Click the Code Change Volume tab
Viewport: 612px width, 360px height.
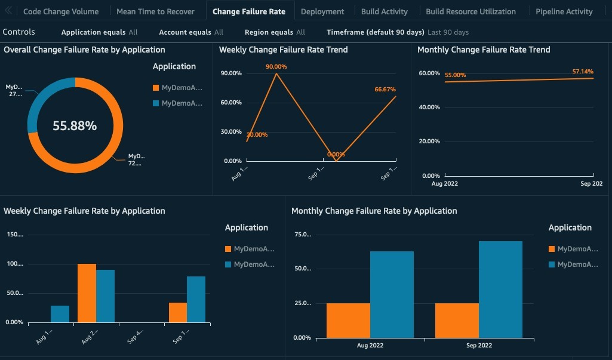[x=60, y=11]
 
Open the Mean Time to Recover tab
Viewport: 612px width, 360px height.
[x=155, y=11]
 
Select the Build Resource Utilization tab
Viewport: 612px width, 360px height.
[x=470, y=11]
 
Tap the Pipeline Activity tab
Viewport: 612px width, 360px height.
[x=564, y=11]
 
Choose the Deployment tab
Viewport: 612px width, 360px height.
[x=322, y=11]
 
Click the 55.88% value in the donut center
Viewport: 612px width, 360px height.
[x=75, y=126]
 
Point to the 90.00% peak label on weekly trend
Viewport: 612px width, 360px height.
[x=276, y=67]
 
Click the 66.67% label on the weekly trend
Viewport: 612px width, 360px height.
[x=385, y=89]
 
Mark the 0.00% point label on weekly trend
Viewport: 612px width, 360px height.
[x=336, y=155]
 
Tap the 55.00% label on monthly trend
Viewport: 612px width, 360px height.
[x=455, y=75]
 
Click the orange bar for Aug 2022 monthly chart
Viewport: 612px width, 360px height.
[x=348, y=320]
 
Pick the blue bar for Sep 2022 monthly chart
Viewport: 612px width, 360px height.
[x=500, y=289]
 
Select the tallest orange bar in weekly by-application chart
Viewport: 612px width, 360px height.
[x=87, y=293]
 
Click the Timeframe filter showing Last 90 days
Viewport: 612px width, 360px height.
[x=397, y=32]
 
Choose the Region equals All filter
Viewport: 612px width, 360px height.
[x=275, y=32]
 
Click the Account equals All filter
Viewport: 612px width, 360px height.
[x=191, y=32]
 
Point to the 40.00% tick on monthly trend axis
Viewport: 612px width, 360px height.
[x=430, y=107]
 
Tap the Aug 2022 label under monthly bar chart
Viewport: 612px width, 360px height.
[x=370, y=346]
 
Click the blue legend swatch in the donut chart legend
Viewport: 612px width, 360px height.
[x=156, y=103]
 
